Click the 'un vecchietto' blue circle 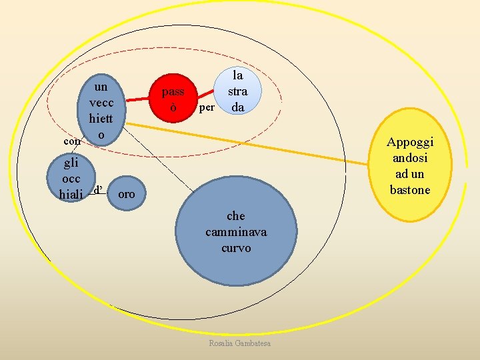100,111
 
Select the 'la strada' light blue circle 238,91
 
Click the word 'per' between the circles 207,107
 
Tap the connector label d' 97,190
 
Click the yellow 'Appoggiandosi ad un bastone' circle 411,167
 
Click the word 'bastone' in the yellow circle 411,190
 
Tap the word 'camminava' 236,232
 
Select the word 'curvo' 236,248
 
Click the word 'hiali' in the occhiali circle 71,195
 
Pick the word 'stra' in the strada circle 238,91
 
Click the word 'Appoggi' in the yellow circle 411,143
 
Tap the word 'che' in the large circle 236,216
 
